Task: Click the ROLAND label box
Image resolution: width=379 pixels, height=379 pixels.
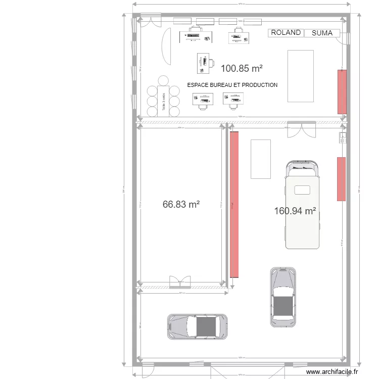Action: tap(286, 33)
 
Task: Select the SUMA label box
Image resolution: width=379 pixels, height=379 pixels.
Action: tap(322, 33)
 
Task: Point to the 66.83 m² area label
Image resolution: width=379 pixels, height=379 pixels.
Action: tap(181, 204)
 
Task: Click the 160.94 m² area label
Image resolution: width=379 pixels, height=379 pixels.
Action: tap(295, 211)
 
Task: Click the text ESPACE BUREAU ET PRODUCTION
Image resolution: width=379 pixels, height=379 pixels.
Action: tap(232, 85)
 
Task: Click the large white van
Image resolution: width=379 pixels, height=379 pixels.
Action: tap(303, 205)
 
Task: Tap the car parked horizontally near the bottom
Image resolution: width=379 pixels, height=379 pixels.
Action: tap(197, 326)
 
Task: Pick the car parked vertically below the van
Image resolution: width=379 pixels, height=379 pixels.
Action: tap(282, 297)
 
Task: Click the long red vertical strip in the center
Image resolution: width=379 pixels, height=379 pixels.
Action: tap(234, 204)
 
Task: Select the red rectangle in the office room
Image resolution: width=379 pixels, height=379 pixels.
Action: tap(342, 91)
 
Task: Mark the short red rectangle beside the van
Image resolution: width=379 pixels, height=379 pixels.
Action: tap(341, 179)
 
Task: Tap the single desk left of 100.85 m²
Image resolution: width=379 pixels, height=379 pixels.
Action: tap(204, 63)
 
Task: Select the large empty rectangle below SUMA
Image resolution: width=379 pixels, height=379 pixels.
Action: tap(301, 76)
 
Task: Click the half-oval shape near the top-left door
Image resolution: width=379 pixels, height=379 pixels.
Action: tap(166, 45)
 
